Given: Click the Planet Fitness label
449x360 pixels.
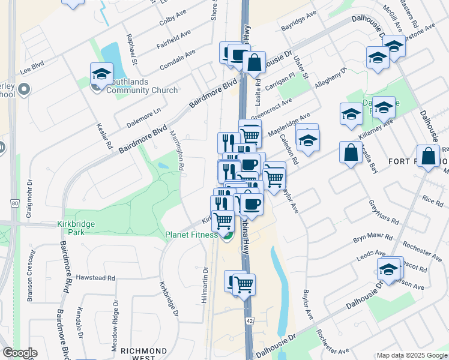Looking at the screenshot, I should [x=191, y=235].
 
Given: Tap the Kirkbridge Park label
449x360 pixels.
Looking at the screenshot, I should [x=77, y=228].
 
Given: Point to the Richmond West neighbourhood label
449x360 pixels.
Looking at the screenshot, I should [x=143, y=354].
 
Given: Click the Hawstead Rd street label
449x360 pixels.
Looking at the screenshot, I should [x=95, y=278].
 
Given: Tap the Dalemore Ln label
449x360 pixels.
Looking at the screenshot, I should [x=144, y=118].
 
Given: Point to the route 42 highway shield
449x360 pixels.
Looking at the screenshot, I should [x=249, y=322].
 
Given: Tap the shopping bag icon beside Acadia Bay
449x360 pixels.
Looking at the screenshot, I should [x=351, y=154].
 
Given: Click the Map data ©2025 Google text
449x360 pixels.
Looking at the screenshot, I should [x=411, y=355].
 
